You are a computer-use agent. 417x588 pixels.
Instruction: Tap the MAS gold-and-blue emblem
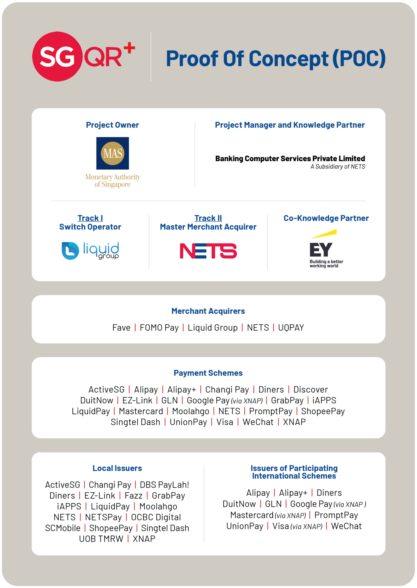113,153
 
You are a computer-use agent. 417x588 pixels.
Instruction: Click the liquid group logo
90,251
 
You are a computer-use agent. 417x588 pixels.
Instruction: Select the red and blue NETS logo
208,251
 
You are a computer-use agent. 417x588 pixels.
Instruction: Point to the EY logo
324,249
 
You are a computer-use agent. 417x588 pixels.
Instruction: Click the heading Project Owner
113,125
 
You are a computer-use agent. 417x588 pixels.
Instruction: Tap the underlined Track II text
208,218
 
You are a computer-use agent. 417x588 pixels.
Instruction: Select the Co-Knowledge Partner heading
326,218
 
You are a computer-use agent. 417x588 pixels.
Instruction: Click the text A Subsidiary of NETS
338,167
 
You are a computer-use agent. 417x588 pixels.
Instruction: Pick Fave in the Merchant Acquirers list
121,328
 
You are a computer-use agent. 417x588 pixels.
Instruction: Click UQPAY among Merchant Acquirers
291,328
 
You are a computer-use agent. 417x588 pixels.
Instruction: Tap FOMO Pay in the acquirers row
159,328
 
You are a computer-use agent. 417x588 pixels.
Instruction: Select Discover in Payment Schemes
311,390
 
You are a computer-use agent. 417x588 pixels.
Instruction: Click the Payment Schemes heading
208,373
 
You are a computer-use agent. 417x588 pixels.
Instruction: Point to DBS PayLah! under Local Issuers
164,485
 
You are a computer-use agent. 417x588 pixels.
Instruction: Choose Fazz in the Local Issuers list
133,496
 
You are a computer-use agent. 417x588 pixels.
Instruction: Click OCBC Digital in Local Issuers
156,517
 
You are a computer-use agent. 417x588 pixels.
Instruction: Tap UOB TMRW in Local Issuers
101,539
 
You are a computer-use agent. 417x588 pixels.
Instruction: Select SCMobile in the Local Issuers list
63,528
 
